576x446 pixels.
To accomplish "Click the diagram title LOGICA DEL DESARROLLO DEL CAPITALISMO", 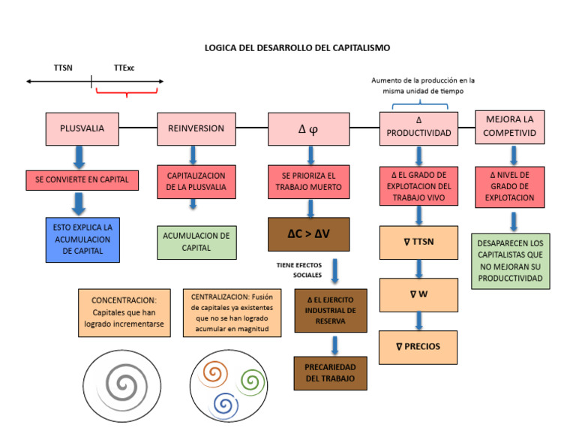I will (298, 47).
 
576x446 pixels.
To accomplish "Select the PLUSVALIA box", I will (82, 128).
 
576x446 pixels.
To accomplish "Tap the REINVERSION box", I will (196, 128).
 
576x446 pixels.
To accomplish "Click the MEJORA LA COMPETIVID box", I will (509, 127).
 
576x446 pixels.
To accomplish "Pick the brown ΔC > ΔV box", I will (308, 234).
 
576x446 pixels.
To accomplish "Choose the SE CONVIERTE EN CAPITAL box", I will (82, 179).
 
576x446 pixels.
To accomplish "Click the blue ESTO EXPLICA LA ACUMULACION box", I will (82, 240).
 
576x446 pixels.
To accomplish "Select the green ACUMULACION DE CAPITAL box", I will (196, 242).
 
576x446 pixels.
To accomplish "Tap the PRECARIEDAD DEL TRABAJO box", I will (330, 372).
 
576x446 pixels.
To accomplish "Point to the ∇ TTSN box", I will (418, 242).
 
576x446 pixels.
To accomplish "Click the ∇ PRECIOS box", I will (418, 347).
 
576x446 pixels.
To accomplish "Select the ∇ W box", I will (418, 294).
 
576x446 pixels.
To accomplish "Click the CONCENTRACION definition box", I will (124, 312).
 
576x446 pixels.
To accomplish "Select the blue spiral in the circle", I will (223, 404).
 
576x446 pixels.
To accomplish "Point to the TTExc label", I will (124, 68).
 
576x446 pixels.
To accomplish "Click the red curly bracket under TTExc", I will (127, 92).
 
